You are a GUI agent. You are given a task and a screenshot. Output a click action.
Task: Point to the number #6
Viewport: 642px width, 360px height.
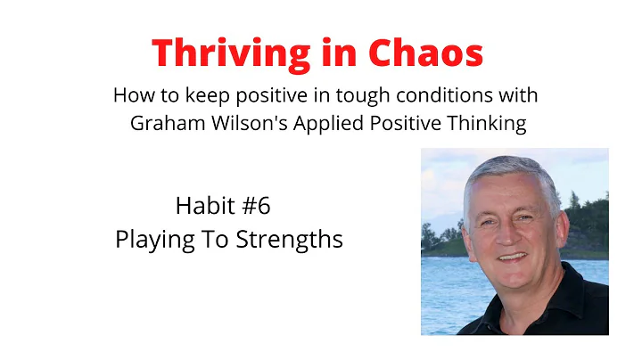click(x=253, y=207)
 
